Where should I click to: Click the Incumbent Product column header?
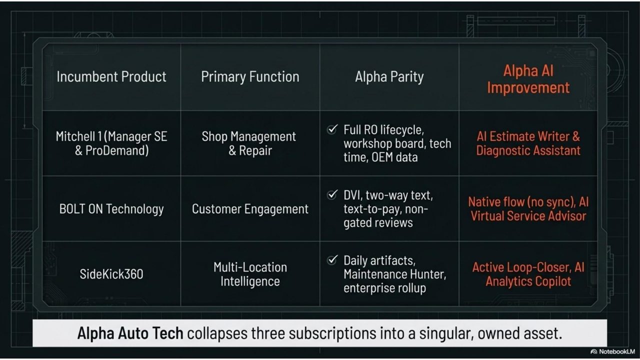point(111,76)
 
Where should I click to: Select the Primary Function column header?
point(250,76)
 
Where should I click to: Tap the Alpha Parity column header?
point(389,76)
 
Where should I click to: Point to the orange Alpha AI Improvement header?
point(528,79)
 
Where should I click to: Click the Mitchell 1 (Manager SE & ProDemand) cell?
point(111,143)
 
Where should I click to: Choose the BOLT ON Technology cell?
point(111,209)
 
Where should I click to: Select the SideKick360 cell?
point(111,274)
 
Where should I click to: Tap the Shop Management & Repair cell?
point(249,143)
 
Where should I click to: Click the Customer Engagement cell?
point(250,209)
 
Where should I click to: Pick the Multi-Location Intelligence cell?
point(250,274)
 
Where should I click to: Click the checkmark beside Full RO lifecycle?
point(332,129)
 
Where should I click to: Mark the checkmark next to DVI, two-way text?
point(332,195)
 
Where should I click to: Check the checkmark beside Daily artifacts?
point(332,260)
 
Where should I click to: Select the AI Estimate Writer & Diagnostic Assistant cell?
point(528,143)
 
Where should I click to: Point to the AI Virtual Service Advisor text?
point(528,209)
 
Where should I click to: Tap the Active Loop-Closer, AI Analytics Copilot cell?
point(528,274)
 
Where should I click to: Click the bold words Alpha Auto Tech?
point(130,333)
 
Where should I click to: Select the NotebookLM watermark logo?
point(594,351)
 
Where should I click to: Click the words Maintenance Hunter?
point(395,274)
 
